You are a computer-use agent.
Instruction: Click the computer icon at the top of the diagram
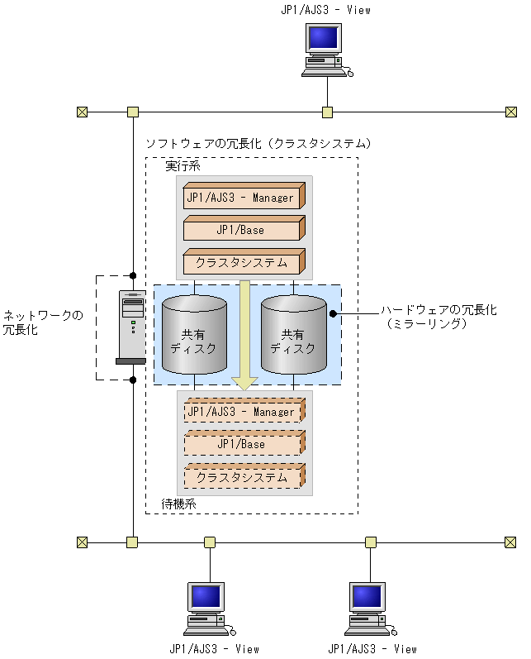(325, 50)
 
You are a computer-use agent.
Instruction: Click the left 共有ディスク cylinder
(194, 335)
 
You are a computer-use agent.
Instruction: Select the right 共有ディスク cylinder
(293, 335)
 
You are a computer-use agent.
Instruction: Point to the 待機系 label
(178, 504)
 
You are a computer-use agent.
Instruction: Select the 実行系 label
(182, 166)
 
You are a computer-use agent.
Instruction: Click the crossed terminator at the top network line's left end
(82, 112)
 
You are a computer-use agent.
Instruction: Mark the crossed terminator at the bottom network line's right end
(510, 542)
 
